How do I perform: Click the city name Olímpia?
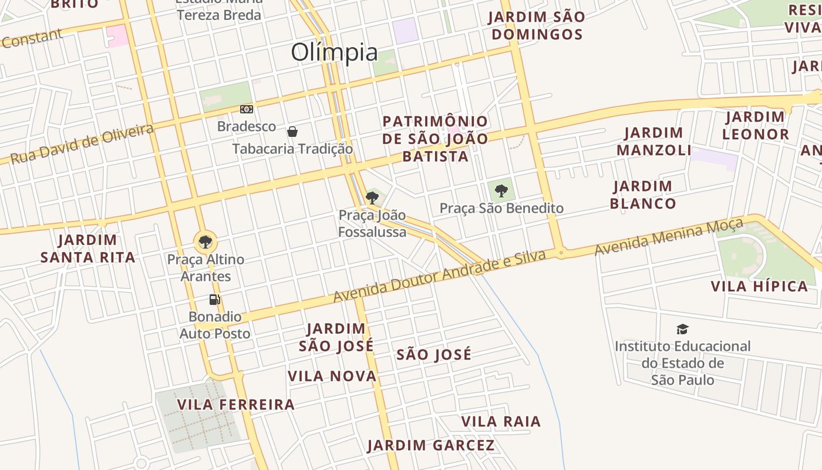[x=334, y=52]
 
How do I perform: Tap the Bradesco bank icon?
[x=247, y=109]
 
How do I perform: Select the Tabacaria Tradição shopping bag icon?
[x=292, y=131]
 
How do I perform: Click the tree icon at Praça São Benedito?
[x=501, y=190]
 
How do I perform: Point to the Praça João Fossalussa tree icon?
[x=372, y=197]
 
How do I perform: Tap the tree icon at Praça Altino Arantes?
[x=205, y=241]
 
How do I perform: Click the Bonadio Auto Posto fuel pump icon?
[x=215, y=299]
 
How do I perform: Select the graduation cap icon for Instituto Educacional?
[x=682, y=329]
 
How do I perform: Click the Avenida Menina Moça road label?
[x=669, y=236]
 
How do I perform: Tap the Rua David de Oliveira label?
[x=82, y=144]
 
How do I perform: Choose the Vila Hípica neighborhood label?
[x=759, y=287]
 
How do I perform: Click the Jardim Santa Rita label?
[x=88, y=249]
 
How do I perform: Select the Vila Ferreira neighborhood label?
[x=235, y=405]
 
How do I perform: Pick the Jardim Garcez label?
[x=431, y=445]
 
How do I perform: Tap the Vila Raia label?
[x=501, y=422]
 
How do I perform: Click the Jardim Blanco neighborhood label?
[x=643, y=195]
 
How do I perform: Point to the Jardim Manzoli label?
[x=654, y=142]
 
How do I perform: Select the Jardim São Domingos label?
[x=537, y=25]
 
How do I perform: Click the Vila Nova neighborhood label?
[x=332, y=376]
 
